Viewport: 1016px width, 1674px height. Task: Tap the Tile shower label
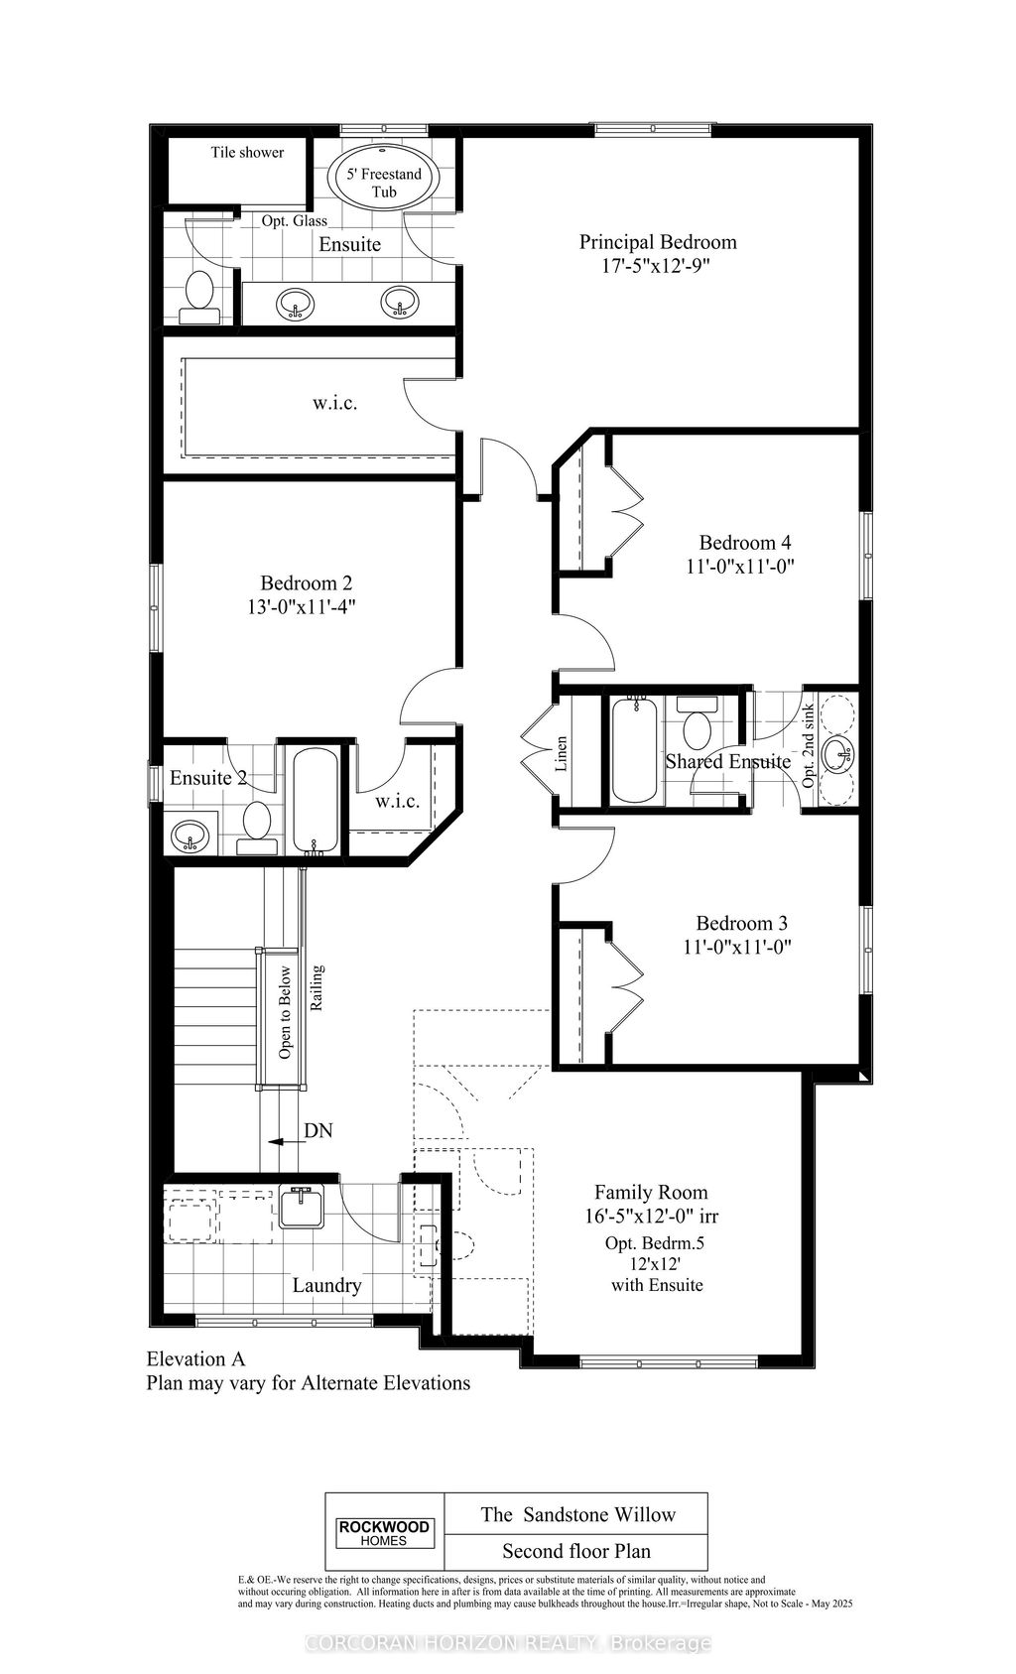pyautogui.click(x=247, y=153)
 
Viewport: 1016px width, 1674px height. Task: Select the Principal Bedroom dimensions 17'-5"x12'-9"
pyautogui.click(x=657, y=266)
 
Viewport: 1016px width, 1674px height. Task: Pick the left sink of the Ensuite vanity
pyautogui.click(x=294, y=304)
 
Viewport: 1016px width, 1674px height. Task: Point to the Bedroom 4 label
pyautogui.click(x=744, y=543)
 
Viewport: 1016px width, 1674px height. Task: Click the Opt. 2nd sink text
pyautogui.click(x=808, y=746)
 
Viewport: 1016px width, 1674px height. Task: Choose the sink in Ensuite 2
pyautogui.click(x=190, y=837)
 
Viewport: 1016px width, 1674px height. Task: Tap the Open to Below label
pyautogui.click(x=286, y=1013)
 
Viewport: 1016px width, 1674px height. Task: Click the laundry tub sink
pyautogui.click(x=302, y=1208)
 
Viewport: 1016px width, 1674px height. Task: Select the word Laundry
pyautogui.click(x=326, y=1286)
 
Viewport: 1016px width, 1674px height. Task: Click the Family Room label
pyautogui.click(x=651, y=1193)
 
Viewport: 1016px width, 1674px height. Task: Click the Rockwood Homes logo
pyautogui.click(x=385, y=1533)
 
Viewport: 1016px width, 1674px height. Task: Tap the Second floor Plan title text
pyautogui.click(x=575, y=1551)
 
